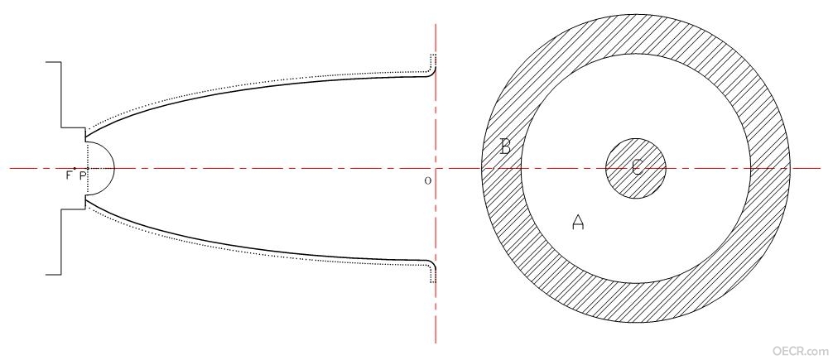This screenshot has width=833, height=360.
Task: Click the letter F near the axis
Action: point(69,175)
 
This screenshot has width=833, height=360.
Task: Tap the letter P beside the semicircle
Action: point(82,175)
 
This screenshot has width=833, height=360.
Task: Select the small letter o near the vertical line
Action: point(427,180)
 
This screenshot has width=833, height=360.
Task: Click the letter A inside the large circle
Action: point(578,222)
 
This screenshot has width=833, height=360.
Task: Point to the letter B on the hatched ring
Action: point(505,146)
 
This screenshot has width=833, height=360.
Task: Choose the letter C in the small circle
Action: point(637,168)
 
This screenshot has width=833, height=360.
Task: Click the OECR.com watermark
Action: point(801,350)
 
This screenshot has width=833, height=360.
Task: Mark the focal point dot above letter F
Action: point(75,168)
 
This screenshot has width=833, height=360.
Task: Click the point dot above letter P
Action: point(88,168)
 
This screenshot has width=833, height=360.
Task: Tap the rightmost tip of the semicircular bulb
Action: point(114,168)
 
